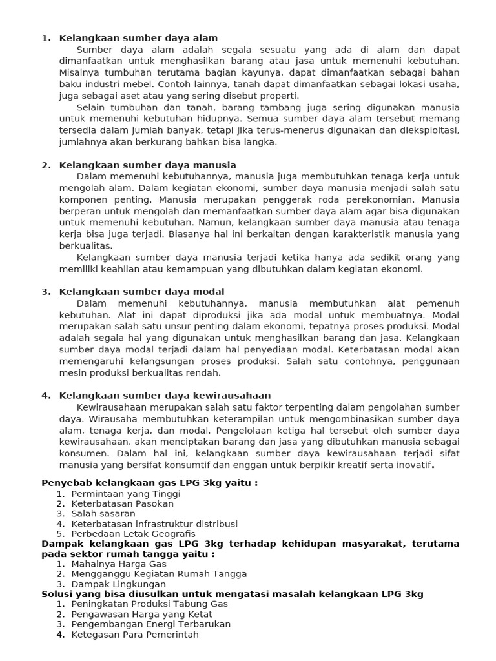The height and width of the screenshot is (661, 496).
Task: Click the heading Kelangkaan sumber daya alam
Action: pyautogui.click(x=138, y=38)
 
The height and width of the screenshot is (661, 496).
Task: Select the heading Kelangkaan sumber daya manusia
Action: pyautogui.click(x=147, y=165)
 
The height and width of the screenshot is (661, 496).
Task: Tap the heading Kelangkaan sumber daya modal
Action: pyautogui.click(x=141, y=292)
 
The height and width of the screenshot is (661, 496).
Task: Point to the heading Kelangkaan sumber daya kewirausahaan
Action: pyautogui.click(x=165, y=396)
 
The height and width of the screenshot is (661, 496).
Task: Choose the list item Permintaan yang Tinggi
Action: pyautogui.click(x=126, y=494)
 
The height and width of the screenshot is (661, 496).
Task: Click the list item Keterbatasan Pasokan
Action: pyautogui.click(x=122, y=503)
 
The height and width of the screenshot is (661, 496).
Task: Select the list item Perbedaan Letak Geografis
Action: pyautogui.click(x=133, y=534)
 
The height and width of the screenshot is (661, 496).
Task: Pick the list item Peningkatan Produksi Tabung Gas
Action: pyautogui.click(x=149, y=604)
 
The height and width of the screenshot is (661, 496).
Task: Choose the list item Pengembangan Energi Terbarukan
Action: pyautogui.click(x=150, y=624)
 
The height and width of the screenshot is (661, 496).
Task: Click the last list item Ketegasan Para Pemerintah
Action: pyautogui.click(x=135, y=635)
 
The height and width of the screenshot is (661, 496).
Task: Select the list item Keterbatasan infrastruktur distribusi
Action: pyautogui.click(x=154, y=524)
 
